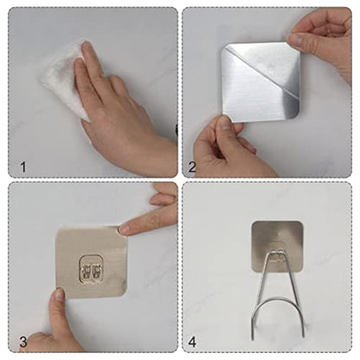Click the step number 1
pyautogui.click(x=23, y=167)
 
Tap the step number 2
pyautogui.click(x=192, y=167)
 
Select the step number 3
pyautogui.click(x=23, y=342)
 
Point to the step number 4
pyautogui.click(x=192, y=342)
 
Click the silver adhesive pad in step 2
pyautogui.click(x=261, y=82)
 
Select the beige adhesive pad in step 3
pyautogui.click(x=92, y=262)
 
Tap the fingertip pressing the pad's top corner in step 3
pyautogui.click(x=124, y=229)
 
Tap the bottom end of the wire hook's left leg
pyautogui.click(x=253, y=338)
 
